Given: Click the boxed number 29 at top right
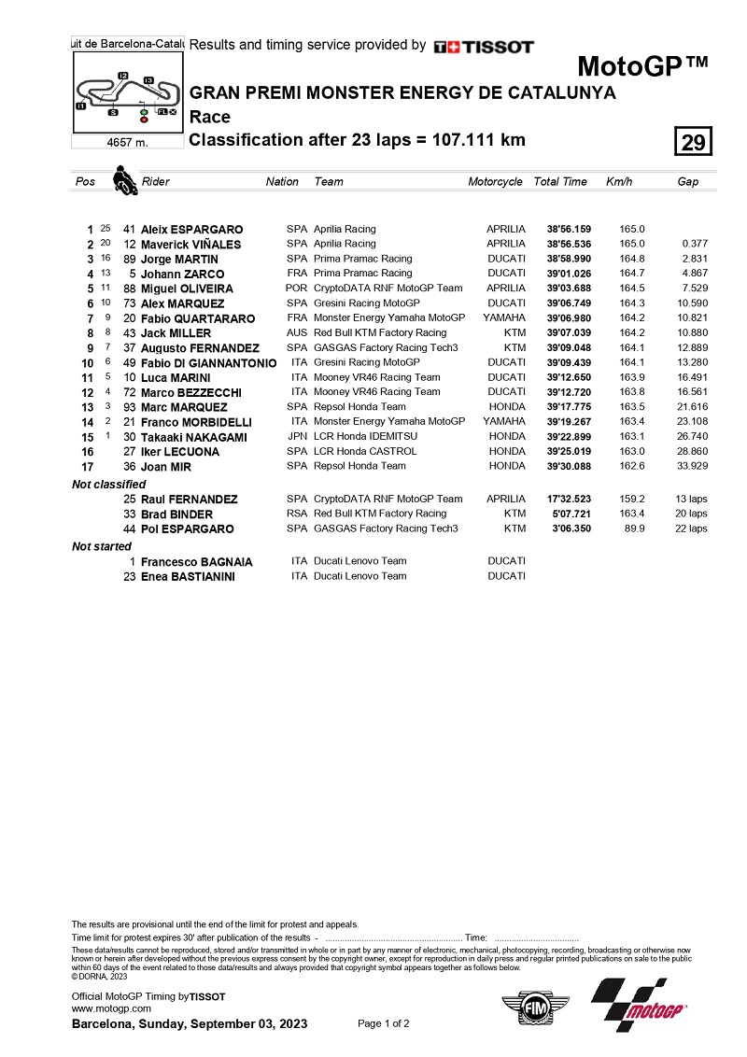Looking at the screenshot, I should tap(693, 142).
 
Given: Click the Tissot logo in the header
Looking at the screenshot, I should tap(484, 46).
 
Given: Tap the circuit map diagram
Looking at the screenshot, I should tap(127, 93).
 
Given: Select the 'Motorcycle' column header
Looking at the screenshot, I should tap(495, 182).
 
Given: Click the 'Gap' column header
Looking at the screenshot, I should tap(687, 182).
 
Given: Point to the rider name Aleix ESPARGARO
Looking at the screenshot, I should tap(191, 230).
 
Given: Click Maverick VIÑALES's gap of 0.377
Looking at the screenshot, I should tap(695, 245).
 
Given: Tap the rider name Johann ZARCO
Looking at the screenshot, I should tap(182, 275).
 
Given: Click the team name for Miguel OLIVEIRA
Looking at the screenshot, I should tap(388, 289).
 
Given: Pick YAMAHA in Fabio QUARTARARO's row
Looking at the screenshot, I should tap(503, 318).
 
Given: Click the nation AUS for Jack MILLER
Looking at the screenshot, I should tap(296, 333).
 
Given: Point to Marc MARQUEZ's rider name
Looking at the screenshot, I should tap(184, 407).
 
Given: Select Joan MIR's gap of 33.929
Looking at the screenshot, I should tap(692, 466).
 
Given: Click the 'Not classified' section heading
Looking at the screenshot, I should tap(109, 485).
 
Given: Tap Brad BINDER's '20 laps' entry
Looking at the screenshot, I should tap(692, 514).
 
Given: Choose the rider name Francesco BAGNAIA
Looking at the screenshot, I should tap(197, 562).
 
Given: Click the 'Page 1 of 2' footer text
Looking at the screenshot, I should tap(384, 1023).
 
